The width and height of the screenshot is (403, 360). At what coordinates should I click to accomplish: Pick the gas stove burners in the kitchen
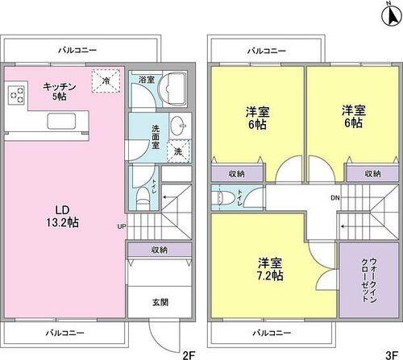click(x=17, y=95)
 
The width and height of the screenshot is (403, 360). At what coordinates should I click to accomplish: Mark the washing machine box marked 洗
click(x=177, y=149)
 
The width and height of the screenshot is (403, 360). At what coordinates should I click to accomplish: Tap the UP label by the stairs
click(x=121, y=226)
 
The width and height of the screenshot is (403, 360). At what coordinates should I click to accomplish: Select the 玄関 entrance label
click(x=160, y=303)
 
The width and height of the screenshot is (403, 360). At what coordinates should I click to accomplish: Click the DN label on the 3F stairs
click(x=334, y=197)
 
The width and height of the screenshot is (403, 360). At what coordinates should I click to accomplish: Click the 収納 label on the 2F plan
click(x=159, y=250)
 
